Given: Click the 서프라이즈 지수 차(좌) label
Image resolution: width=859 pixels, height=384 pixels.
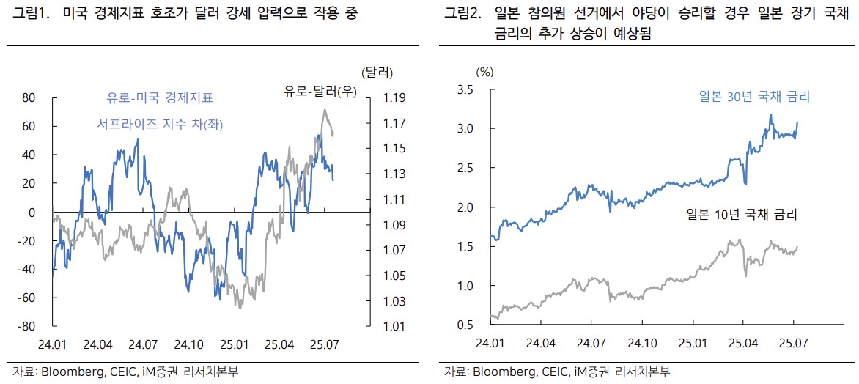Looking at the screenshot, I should click(x=160, y=125).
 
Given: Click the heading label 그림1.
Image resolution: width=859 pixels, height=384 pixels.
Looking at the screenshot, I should click(x=30, y=15).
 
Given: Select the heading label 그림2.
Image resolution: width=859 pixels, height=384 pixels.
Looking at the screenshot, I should click(x=462, y=15).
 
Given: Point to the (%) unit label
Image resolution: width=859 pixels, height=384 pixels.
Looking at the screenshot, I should click(x=485, y=72).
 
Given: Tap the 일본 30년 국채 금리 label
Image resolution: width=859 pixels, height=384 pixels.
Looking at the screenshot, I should click(x=754, y=97).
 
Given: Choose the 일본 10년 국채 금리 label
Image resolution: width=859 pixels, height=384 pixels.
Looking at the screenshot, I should click(x=742, y=215).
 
